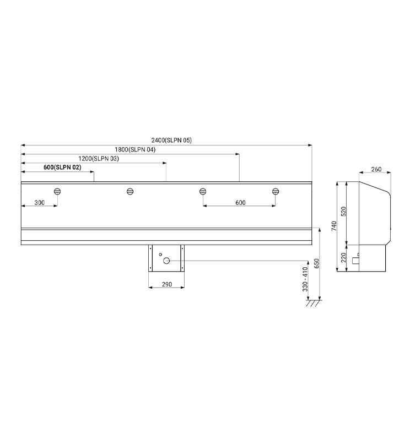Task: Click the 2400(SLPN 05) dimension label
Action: [x=171, y=140]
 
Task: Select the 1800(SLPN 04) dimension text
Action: [x=135, y=150]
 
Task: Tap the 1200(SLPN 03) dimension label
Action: [x=99, y=159]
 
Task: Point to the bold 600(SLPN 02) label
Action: [x=62, y=168]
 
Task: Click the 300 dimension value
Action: [x=40, y=203]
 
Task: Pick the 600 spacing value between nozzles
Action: [x=240, y=203]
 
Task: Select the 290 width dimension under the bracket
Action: [x=166, y=284]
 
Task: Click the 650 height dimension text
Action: [x=316, y=263]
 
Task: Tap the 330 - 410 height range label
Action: [x=305, y=279]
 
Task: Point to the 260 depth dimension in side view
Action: [x=376, y=169]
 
